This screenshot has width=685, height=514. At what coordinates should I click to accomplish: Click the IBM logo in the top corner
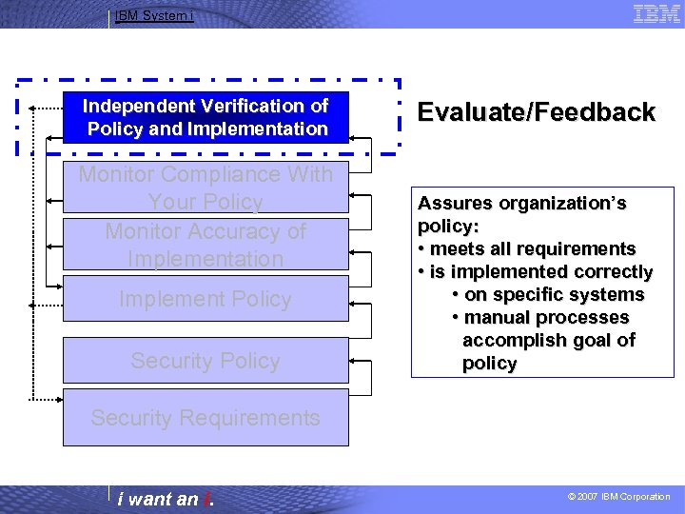[x=656, y=13]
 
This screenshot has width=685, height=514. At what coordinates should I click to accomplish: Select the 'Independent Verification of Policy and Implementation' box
[x=205, y=117]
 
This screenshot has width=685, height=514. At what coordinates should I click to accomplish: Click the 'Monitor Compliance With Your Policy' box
[x=205, y=188]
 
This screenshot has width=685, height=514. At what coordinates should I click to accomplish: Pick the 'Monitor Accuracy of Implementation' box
[x=205, y=245]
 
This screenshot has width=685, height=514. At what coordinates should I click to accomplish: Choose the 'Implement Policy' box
[x=205, y=299]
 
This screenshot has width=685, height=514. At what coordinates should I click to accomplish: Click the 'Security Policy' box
[x=205, y=361]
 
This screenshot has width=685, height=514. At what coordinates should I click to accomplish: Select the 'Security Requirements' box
[x=205, y=418]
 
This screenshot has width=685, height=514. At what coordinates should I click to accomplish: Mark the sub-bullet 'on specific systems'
[x=554, y=295]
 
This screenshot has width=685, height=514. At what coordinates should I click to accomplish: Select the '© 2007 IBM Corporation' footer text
[x=618, y=497]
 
